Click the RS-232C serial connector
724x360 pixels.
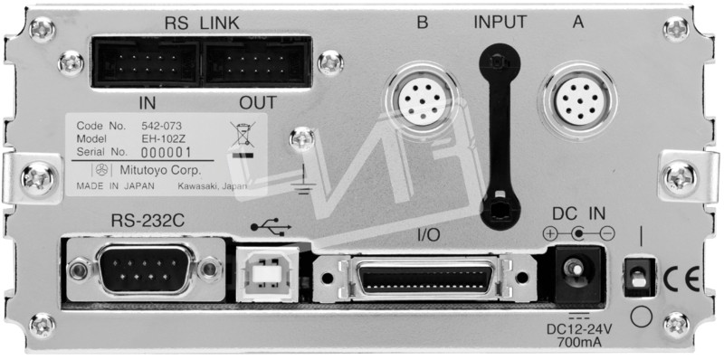tap(146, 270)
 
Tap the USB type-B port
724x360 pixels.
tap(267, 274)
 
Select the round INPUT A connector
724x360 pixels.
tap(580, 99)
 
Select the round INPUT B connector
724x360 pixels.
tap(421, 99)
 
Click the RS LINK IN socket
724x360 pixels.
tap(146, 62)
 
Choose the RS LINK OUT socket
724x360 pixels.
tap(257, 62)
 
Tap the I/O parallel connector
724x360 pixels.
tap(424, 279)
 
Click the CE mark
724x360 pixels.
tap(681, 279)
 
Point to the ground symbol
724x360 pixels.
tap(303, 181)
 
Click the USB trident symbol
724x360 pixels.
tap(271, 227)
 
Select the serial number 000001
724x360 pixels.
tap(166, 153)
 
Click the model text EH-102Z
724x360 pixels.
tap(159, 138)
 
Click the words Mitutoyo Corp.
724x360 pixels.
tap(160, 170)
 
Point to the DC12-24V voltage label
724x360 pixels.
tap(579, 329)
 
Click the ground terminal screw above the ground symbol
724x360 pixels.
tap(302, 139)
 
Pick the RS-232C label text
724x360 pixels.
tap(148, 221)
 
